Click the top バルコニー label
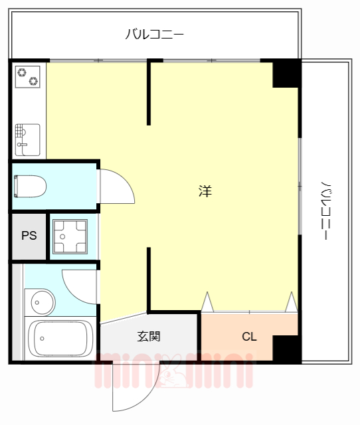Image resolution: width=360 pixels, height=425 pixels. [154, 34]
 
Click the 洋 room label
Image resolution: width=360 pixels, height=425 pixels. [205, 191]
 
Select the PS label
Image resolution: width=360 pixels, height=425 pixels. [29, 236]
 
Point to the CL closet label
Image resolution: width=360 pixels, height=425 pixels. [249, 337]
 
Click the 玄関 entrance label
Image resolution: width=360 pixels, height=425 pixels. [149, 337]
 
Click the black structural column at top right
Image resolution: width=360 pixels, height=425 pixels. [286, 74]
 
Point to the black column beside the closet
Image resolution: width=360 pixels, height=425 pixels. [286, 348]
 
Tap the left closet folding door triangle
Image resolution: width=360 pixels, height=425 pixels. [207, 302]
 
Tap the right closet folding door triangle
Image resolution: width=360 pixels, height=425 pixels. [291, 302]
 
